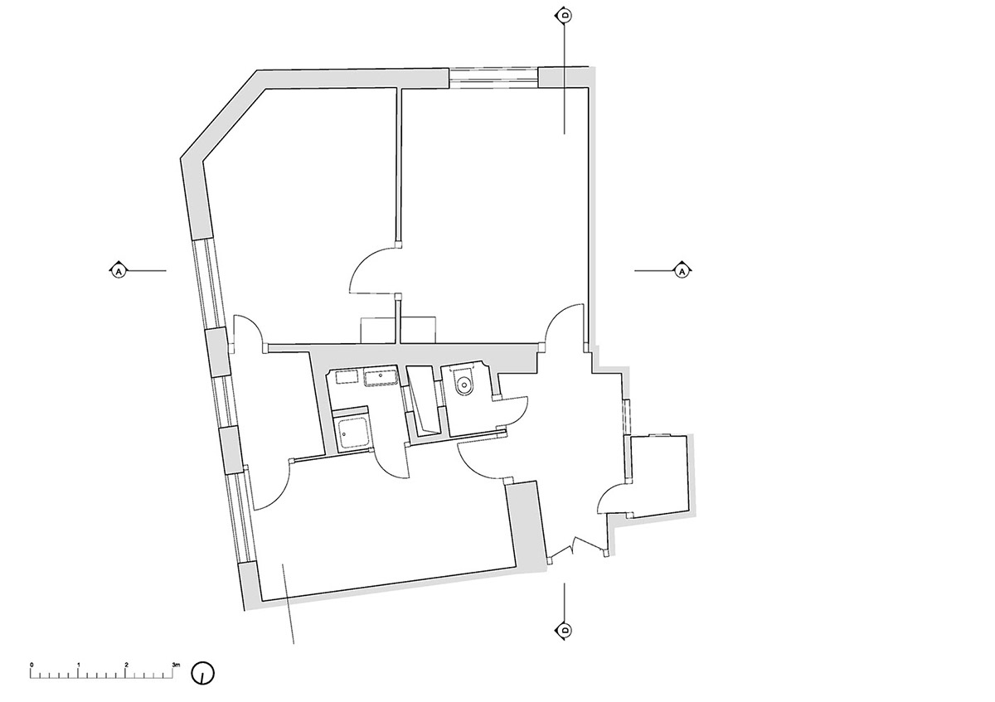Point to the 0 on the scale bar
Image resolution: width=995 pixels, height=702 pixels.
tap(32, 666)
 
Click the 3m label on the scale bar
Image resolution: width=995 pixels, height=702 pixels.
tap(177, 666)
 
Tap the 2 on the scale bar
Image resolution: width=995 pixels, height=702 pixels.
tap(127, 666)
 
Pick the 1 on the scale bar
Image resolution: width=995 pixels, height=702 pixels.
tap(79, 666)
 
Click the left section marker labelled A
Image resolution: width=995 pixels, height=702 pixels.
tap(118, 270)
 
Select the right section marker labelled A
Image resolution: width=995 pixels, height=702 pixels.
tap(682, 270)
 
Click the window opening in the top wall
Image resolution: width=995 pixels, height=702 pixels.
tap(493, 78)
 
